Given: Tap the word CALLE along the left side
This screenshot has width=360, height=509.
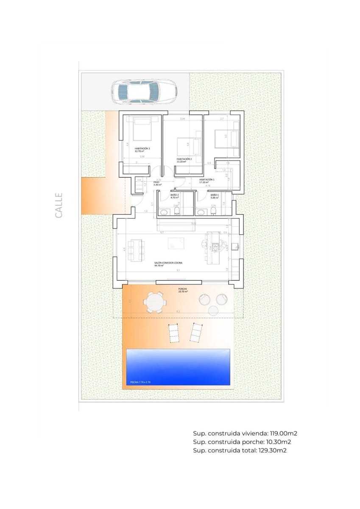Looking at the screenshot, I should point(59,205).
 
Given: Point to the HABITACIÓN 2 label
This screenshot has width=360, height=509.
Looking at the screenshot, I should point(184,159).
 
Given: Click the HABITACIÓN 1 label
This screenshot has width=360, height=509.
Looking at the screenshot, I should point(207,180).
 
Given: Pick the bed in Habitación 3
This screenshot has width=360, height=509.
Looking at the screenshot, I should point(142,129).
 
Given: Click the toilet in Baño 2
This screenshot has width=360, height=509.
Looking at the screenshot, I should point(177,211).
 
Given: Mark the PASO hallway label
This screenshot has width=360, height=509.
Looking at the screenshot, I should point(156,183).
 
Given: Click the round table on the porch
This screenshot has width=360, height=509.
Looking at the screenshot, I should point(154,302).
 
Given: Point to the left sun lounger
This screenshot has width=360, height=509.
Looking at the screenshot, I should point(174,333).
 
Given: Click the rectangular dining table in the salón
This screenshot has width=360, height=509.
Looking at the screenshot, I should point(137,250).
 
